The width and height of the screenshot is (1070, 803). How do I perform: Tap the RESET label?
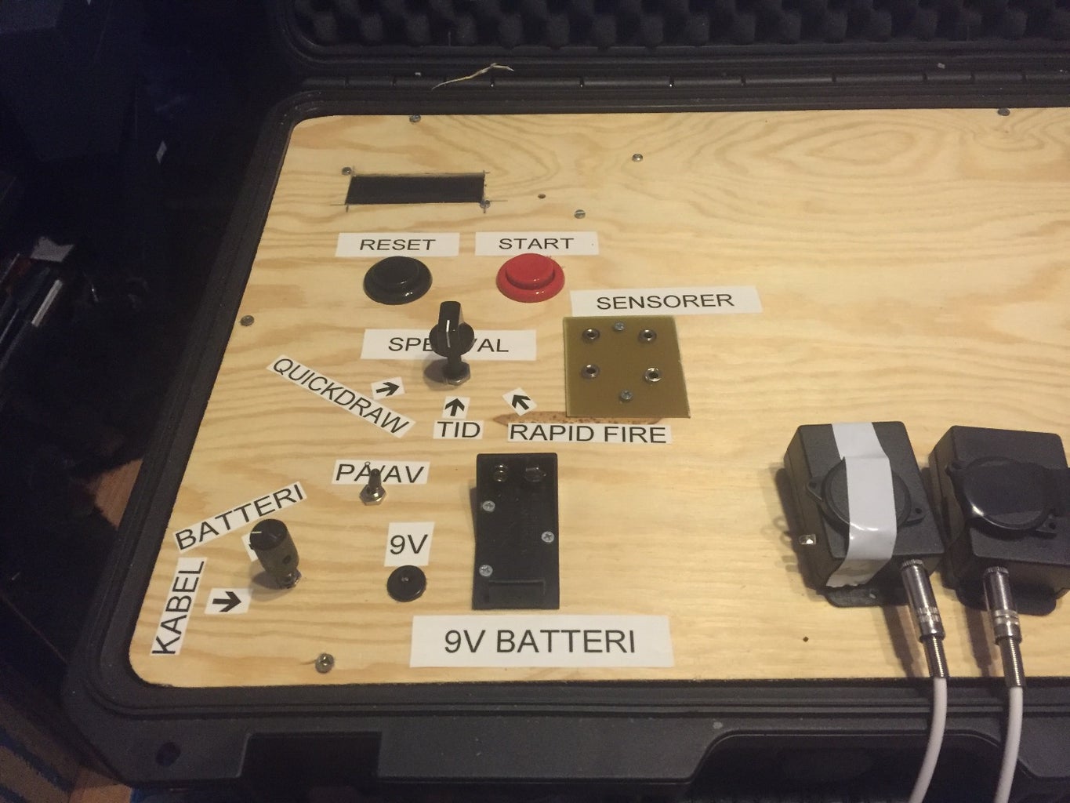point(397,244)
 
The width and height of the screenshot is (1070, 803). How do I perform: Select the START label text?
point(535,243)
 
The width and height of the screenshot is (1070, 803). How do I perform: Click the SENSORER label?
point(665,301)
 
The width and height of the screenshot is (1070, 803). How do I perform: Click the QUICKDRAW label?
point(340,396)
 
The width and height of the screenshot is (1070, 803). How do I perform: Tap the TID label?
point(458,428)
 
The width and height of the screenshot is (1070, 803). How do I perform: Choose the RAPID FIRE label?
point(588,433)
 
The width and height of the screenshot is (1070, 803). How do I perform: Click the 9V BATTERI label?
point(540,641)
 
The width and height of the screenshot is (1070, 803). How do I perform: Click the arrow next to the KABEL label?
point(227,601)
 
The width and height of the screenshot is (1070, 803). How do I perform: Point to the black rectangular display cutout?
point(414,190)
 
